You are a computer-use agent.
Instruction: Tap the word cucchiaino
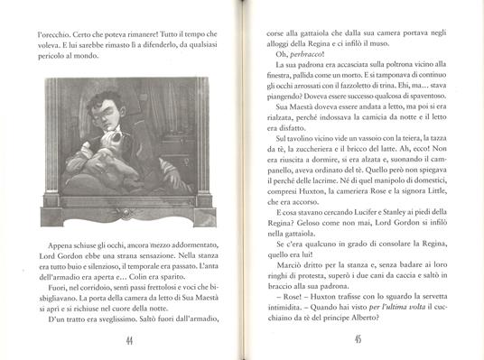click(x=444, y=309)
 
